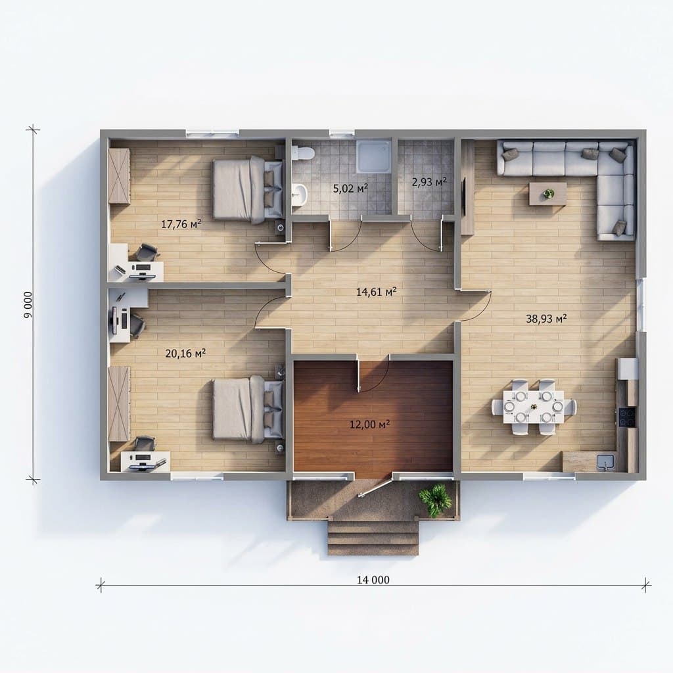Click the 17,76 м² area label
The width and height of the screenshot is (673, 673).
181,223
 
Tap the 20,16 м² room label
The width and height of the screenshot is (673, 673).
185,353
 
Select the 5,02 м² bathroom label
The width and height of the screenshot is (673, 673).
350,188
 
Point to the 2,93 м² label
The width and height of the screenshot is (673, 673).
429,182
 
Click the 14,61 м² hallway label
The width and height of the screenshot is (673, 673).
376,292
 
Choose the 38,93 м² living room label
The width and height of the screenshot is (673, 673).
546,319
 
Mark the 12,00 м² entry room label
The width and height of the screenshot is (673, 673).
369,425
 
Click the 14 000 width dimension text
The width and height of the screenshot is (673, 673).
373,580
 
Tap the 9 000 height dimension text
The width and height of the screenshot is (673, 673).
28,305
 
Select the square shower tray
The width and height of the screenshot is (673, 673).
374,156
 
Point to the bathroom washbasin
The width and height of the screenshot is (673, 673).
300,194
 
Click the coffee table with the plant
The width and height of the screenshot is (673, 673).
547,194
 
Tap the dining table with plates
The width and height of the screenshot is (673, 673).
533,407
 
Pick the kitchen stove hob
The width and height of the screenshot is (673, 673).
626,417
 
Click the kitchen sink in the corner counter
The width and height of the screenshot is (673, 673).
605,462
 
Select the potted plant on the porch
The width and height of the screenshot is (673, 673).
436,500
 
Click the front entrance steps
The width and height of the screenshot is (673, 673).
373,538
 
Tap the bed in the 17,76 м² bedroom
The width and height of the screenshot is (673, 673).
248,190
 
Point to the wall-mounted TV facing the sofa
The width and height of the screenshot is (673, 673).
463,197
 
